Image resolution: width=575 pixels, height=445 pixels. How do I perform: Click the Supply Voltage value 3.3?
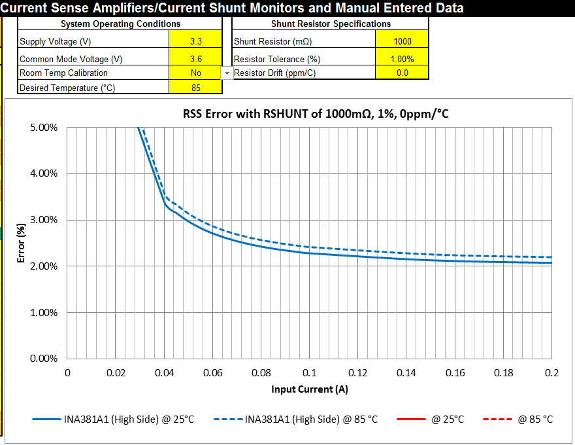point(195,41)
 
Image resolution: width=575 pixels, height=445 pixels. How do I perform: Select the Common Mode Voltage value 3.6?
point(195,58)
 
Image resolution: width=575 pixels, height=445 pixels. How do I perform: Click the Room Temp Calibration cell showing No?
point(195,73)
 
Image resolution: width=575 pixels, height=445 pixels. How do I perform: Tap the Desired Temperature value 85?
point(195,88)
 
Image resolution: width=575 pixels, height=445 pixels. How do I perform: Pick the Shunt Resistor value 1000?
point(402,41)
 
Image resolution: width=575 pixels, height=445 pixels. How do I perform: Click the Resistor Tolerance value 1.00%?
point(402,58)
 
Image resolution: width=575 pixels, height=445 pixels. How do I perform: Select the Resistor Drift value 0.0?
point(402,73)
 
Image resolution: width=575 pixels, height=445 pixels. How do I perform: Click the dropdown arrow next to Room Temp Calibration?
point(227,73)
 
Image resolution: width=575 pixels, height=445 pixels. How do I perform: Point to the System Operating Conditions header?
point(120,24)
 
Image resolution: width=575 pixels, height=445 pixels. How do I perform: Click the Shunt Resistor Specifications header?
point(331,24)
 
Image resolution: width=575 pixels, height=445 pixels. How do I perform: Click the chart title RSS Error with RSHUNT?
point(316,114)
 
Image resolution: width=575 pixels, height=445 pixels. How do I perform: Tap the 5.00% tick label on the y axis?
point(44,128)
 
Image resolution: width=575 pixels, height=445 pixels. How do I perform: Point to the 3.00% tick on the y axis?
point(44,220)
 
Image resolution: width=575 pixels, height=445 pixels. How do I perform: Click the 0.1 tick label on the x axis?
point(310,373)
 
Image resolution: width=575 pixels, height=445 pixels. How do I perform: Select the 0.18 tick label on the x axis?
point(503,373)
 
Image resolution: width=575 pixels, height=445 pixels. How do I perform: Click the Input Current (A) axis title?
point(310,390)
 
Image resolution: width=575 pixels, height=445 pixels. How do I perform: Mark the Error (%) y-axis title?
point(22,242)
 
